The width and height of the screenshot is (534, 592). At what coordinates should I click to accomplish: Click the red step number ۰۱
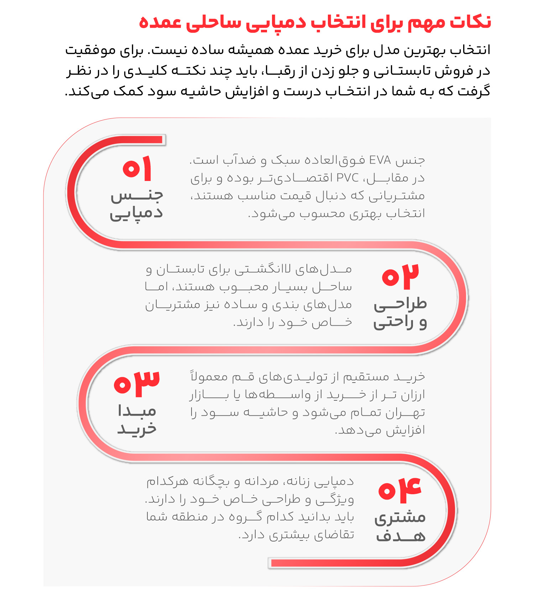click(x=137, y=168)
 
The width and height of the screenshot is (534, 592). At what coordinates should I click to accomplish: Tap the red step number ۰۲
click(x=400, y=276)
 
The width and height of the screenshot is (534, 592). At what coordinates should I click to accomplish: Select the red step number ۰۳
click(x=137, y=383)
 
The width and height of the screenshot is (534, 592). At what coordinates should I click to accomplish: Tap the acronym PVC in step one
click(x=347, y=178)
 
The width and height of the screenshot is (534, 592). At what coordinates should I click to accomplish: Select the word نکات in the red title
click(x=470, y=22)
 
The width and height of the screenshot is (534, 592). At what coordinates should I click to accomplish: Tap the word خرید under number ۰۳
click(x=137, y=429)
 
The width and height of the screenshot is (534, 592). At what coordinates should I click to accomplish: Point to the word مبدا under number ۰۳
click(x=137, y=411)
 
